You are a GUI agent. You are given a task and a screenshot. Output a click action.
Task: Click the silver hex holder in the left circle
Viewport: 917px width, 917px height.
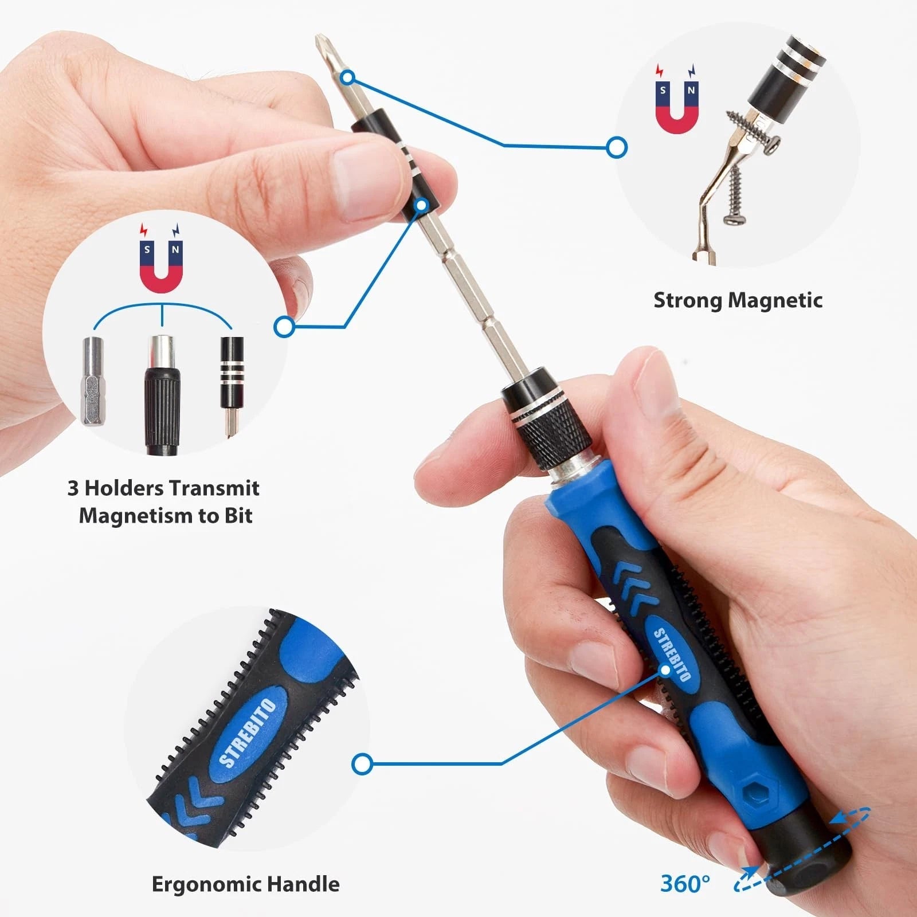pos(92,381)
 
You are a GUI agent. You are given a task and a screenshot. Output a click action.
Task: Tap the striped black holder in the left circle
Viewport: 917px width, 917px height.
pos(232,373)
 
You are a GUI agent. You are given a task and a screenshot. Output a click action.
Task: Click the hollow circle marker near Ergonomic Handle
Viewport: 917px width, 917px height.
pos(362,764)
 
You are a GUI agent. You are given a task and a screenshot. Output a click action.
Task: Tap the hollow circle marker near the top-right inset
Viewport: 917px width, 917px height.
pos(617,147)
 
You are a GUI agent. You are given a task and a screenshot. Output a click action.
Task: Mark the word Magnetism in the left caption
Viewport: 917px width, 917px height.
pos(135,516)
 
